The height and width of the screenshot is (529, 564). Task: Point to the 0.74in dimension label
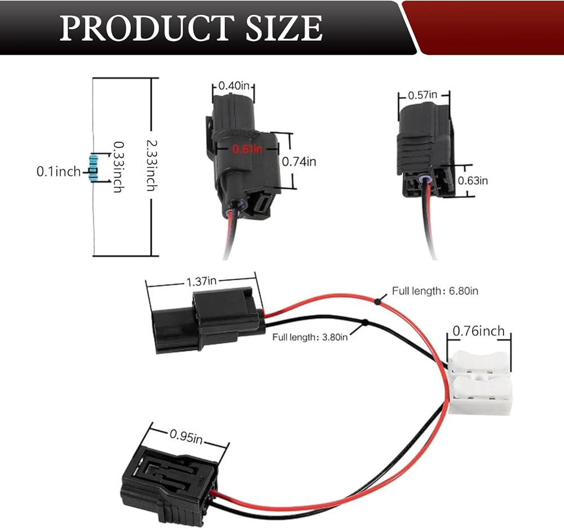coord(299,161)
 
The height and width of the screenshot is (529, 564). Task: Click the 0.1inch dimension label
coord(59,171)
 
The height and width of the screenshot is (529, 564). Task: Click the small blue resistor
coord(94,167)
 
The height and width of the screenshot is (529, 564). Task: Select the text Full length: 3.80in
coord(310,337)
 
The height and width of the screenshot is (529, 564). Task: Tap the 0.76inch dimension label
coord(479,331)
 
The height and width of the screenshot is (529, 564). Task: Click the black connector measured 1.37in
coord(206,321)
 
